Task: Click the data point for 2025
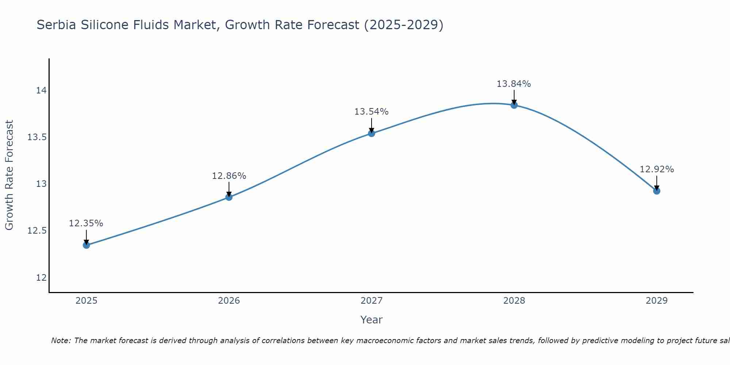point(87,245)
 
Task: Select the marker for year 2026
point(229,197)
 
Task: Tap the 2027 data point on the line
point(372,133)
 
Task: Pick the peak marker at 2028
point(514,105)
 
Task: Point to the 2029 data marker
point(657,191)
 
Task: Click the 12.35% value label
point(86,223)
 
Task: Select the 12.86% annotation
point(229,176)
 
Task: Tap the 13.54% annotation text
point(371,112)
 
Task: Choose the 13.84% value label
point(514,84)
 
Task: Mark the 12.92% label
point(657,169)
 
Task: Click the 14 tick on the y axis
point(41,91)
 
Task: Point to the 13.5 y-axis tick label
point(37,137)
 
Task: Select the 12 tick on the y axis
point(41,277)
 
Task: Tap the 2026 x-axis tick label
point(229,301)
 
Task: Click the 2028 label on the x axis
point(514,301)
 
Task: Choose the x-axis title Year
point(371,320)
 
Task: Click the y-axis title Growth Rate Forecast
point(9,175)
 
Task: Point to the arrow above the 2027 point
point(372,125)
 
